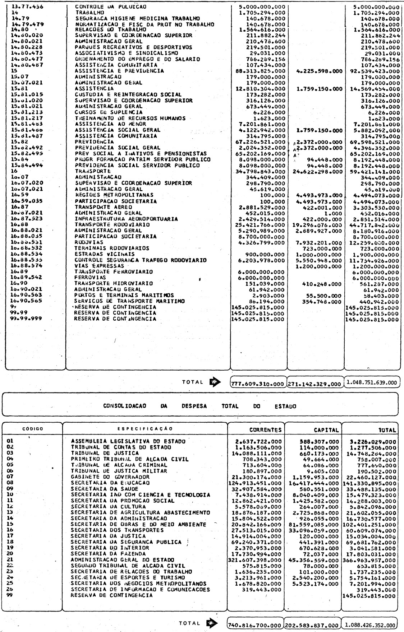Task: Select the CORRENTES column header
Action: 266,430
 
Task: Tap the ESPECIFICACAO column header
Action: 145,428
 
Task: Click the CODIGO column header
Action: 33,429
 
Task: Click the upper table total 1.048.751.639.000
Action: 372,382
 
